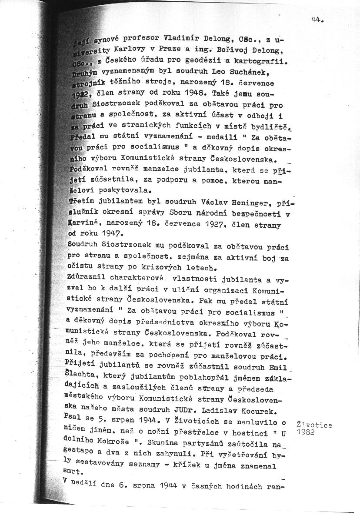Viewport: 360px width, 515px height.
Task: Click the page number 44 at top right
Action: click(318, 19)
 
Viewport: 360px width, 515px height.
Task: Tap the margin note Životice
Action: click(314, 425)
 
